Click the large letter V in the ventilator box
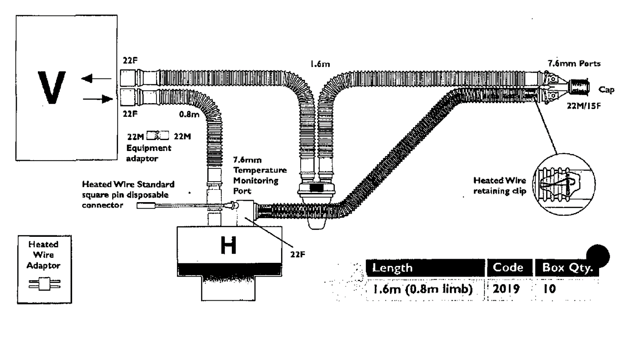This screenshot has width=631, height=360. (52, 87)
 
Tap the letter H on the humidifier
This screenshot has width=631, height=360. (229, 245)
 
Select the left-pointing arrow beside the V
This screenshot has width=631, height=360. (96, 78)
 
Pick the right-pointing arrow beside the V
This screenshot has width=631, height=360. (98, 99)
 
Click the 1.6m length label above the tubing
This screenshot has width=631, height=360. (320, 64)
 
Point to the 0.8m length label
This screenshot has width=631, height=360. (189, 115)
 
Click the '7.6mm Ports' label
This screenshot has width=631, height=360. (574, 64)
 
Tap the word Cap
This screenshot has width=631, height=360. (606, 90)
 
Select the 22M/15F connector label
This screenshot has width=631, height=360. (584, 106)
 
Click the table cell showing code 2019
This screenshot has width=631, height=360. (506, 289)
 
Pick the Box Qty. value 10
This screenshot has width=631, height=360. (549, 289)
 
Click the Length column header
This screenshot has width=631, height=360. (392, 268)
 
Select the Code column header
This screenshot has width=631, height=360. (508, 267)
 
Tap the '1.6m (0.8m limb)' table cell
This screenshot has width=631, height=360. (422, 289)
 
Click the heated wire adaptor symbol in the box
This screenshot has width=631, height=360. (45, 284)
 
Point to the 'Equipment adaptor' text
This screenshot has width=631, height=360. (149, 153)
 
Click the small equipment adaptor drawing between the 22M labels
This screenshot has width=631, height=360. (158, 136)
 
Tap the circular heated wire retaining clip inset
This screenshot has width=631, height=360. (564, 184)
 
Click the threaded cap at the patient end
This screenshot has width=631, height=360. (579, 87)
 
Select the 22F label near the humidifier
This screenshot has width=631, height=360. (298, 255)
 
